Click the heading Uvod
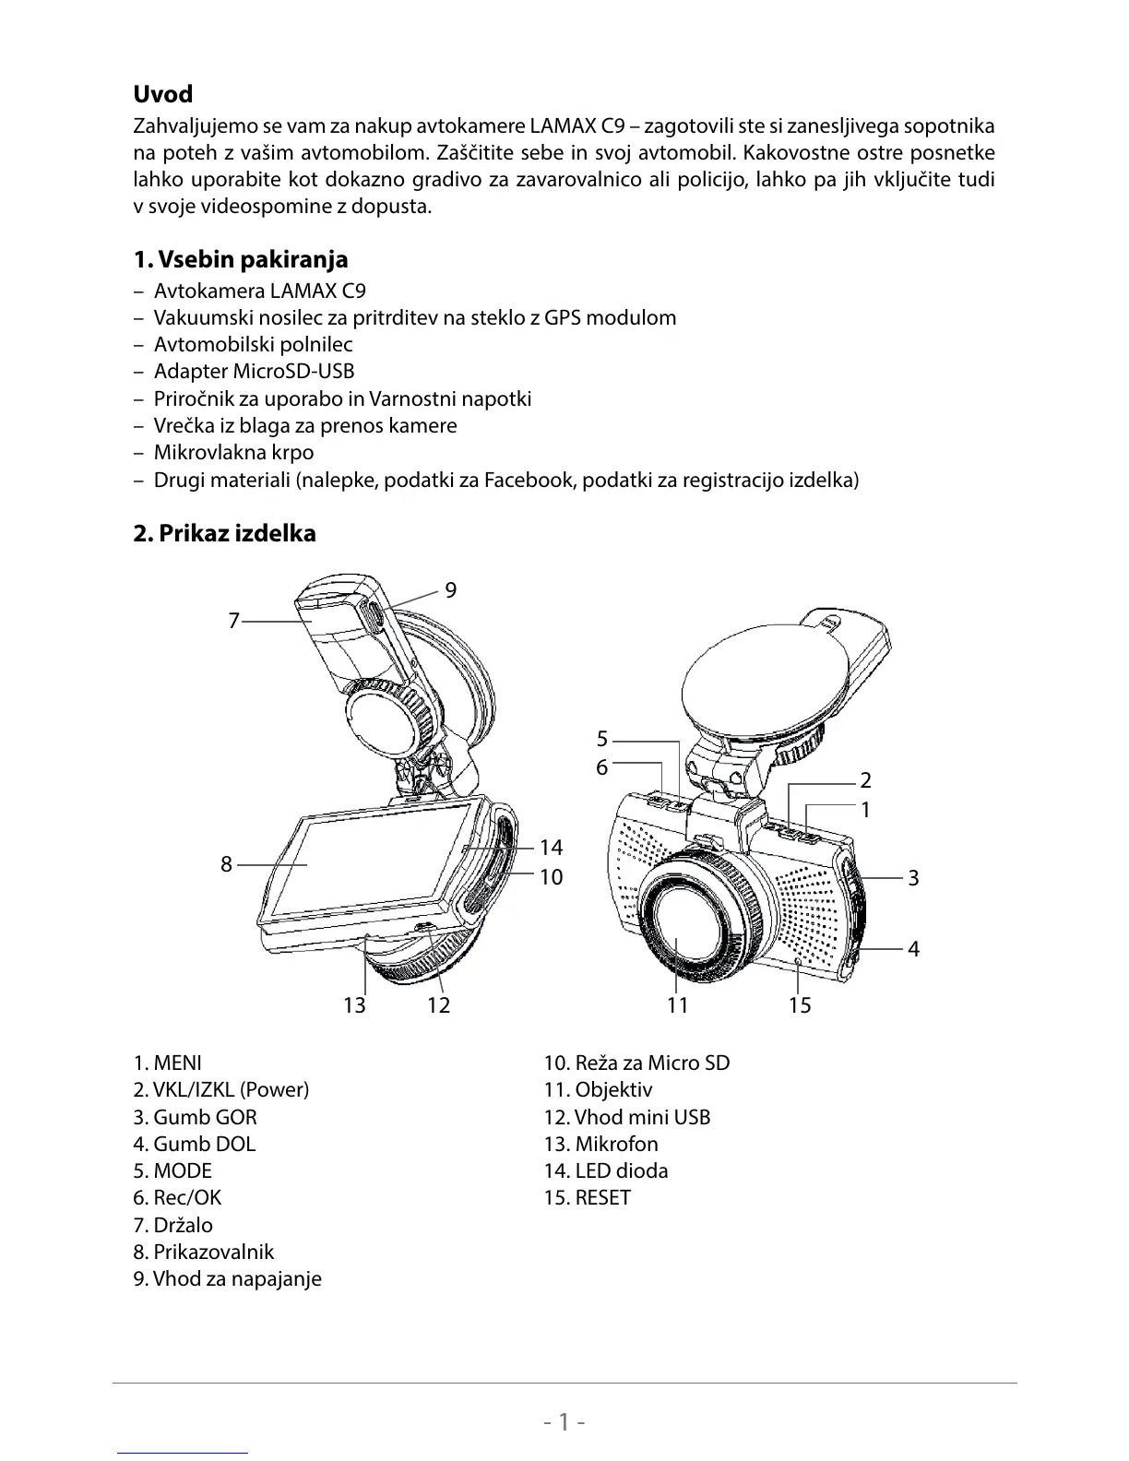click(163, 94)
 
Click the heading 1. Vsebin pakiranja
click(241, 259)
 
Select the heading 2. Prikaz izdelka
click(224, 533)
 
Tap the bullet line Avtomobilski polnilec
click(253, 344)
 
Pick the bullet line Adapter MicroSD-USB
click(254, 371)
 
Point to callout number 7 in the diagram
click(233, 621)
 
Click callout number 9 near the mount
click(450, 590)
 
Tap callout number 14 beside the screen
click(551, 847)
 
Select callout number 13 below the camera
click(354, 1004)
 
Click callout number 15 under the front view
click(800, 1004)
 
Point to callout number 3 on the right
click(913, 877)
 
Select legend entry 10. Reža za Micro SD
click(636, 1063)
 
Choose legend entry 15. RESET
click(587, 1197)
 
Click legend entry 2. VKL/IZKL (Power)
click(221, 1089)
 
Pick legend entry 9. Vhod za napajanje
click(227, 1278)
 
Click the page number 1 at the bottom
click(564, 1421)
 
